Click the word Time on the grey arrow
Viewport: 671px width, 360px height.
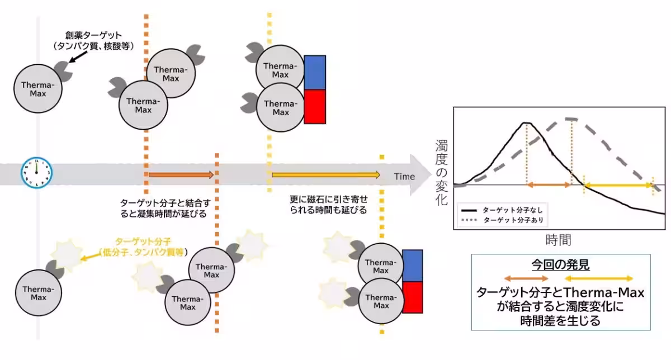tap(404, 177)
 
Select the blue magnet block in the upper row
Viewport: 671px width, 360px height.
tap(315, 73)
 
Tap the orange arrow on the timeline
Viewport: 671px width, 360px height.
tap(180, 175)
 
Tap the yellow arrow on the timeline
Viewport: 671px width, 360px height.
tap(325, 175)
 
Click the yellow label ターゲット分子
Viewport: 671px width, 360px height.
tap(142, 242)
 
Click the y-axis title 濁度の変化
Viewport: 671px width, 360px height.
tap(441, 173)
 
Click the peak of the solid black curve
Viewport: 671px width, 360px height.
tap(526, 123)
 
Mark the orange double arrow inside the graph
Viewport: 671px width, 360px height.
tap(549, 184)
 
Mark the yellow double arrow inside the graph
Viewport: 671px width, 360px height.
tap(618, 184)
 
